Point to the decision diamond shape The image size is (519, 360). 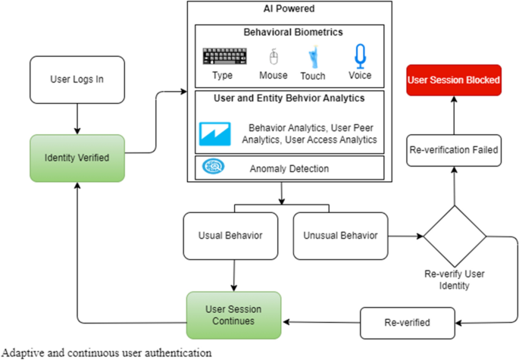pyautogui.click(x=455, y=236)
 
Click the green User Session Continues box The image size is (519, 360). pyautogui.click(x=233, y=315)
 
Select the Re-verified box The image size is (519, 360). pyautogui.click(x=408, y=323)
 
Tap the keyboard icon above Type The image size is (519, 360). pyautogui.click(x=219, y=57)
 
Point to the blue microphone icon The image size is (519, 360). pyautogui.click(x=360, y=56)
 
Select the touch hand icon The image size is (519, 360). pyautogui.click(x=312, y=57)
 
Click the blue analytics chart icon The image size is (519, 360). pyautogui.click(x=214, y=133)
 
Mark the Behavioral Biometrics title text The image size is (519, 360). pyautogui.click(x=289, y=33)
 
